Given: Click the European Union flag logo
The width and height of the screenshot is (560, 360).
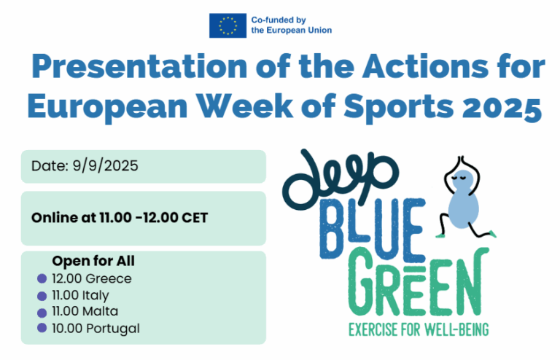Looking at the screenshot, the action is (227, 26).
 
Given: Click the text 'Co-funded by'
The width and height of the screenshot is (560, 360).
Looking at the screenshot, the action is (279, 20).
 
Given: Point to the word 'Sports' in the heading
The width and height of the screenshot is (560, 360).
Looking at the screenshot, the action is (399, 108).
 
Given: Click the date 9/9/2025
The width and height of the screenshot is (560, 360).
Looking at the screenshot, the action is (105, 166).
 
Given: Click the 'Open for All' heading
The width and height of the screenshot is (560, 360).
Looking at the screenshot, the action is (93, 261).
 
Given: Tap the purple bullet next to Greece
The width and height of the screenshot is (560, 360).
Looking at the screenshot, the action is (42, 278).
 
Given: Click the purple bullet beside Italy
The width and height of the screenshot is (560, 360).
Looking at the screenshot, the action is (42, 296).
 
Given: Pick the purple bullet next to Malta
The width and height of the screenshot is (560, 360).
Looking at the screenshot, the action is (42, 313).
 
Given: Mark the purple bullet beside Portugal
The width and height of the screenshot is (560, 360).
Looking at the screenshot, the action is (42, 327).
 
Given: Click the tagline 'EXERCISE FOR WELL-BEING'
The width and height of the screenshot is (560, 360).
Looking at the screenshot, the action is (419, 329).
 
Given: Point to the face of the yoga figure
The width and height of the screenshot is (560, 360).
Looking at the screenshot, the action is (462, 179).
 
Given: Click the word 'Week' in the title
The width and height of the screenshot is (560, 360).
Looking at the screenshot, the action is (245, 106).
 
